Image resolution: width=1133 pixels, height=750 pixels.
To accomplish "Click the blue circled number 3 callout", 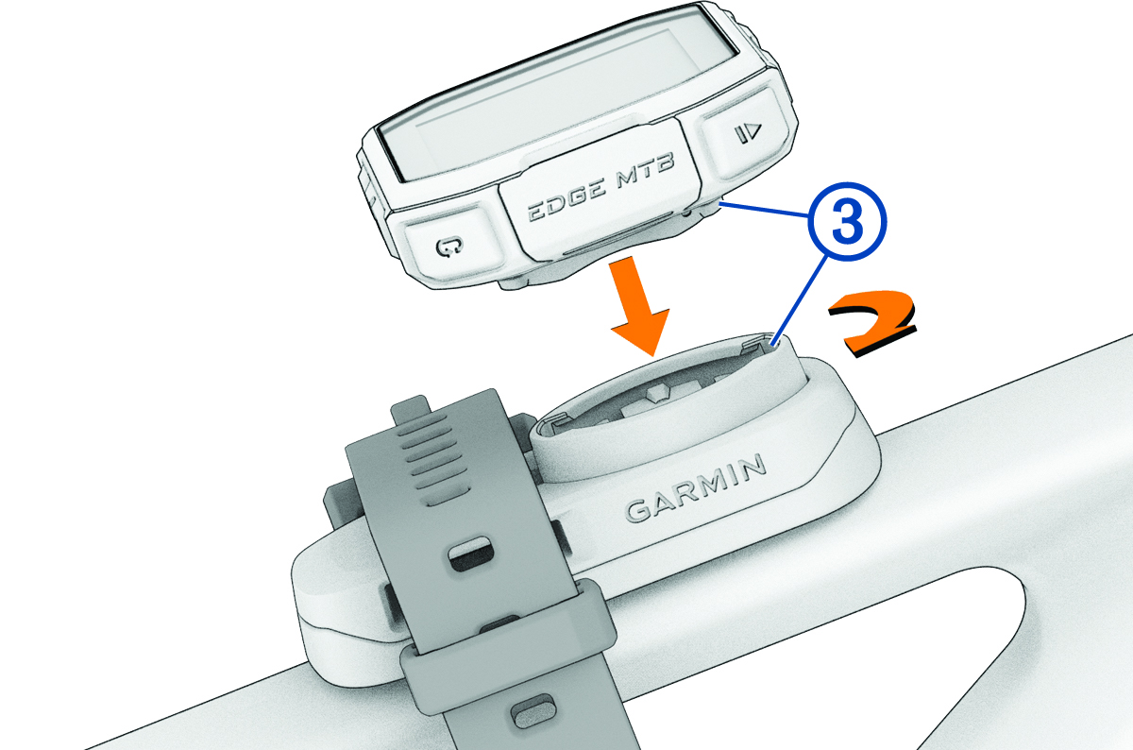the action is [x=847, y=222].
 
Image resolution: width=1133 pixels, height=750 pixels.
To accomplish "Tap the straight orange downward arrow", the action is [x=639, y=309].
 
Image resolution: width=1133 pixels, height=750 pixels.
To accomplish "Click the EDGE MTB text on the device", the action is [x=600, y=190].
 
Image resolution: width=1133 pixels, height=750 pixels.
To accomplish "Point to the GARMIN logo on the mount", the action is [x=695, y=487].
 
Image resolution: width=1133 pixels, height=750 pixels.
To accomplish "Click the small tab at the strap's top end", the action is [x=411, y=411].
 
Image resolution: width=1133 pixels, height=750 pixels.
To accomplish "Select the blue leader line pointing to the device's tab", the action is [x=765, y=210].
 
